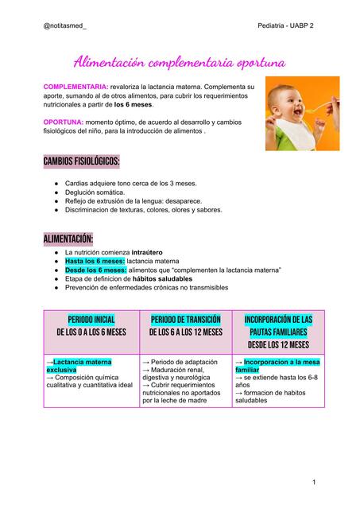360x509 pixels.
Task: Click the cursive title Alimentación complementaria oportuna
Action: (x=180, y=61)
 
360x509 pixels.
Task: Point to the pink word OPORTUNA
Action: (x=63, y=123)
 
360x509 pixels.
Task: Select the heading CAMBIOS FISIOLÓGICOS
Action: (x=81, y=162)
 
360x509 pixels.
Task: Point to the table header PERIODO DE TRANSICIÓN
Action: (x=185, y=320)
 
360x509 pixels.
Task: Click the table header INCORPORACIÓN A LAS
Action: (x=278, y=320)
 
